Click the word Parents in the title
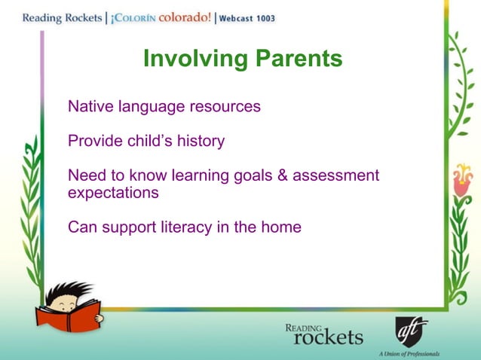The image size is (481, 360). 295,59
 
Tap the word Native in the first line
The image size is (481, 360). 90,106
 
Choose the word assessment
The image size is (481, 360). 335,175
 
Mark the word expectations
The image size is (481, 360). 113,193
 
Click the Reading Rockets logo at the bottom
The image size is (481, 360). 323,333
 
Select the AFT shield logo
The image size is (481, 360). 410,331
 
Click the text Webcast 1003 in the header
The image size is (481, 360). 247,18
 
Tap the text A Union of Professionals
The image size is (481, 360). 409,353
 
